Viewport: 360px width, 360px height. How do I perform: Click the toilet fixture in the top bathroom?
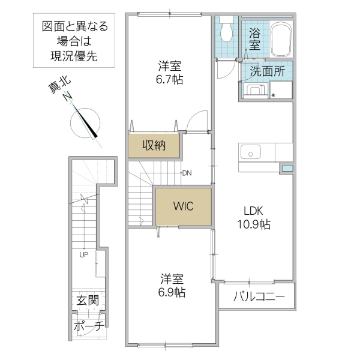pyautogui.click(x=227, y=30)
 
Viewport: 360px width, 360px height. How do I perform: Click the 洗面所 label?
pyautogui.click(x=266, y=71)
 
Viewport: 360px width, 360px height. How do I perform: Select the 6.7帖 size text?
pyautogui.click(x=170, y=79)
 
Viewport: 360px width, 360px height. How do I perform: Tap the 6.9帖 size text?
pyautogui.click(x=172, y=292)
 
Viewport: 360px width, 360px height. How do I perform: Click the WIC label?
pyautogui.click(x=183, y=207)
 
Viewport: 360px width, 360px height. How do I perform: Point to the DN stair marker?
pyautogui.click(x=187, y=173)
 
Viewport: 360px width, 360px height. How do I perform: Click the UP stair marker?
pyautogui.click(x=84, y=254)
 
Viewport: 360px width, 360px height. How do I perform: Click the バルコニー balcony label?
pyautogui.click(x=256, y=297)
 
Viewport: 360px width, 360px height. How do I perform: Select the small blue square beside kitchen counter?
pyautogui.click(x=286, y=167)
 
